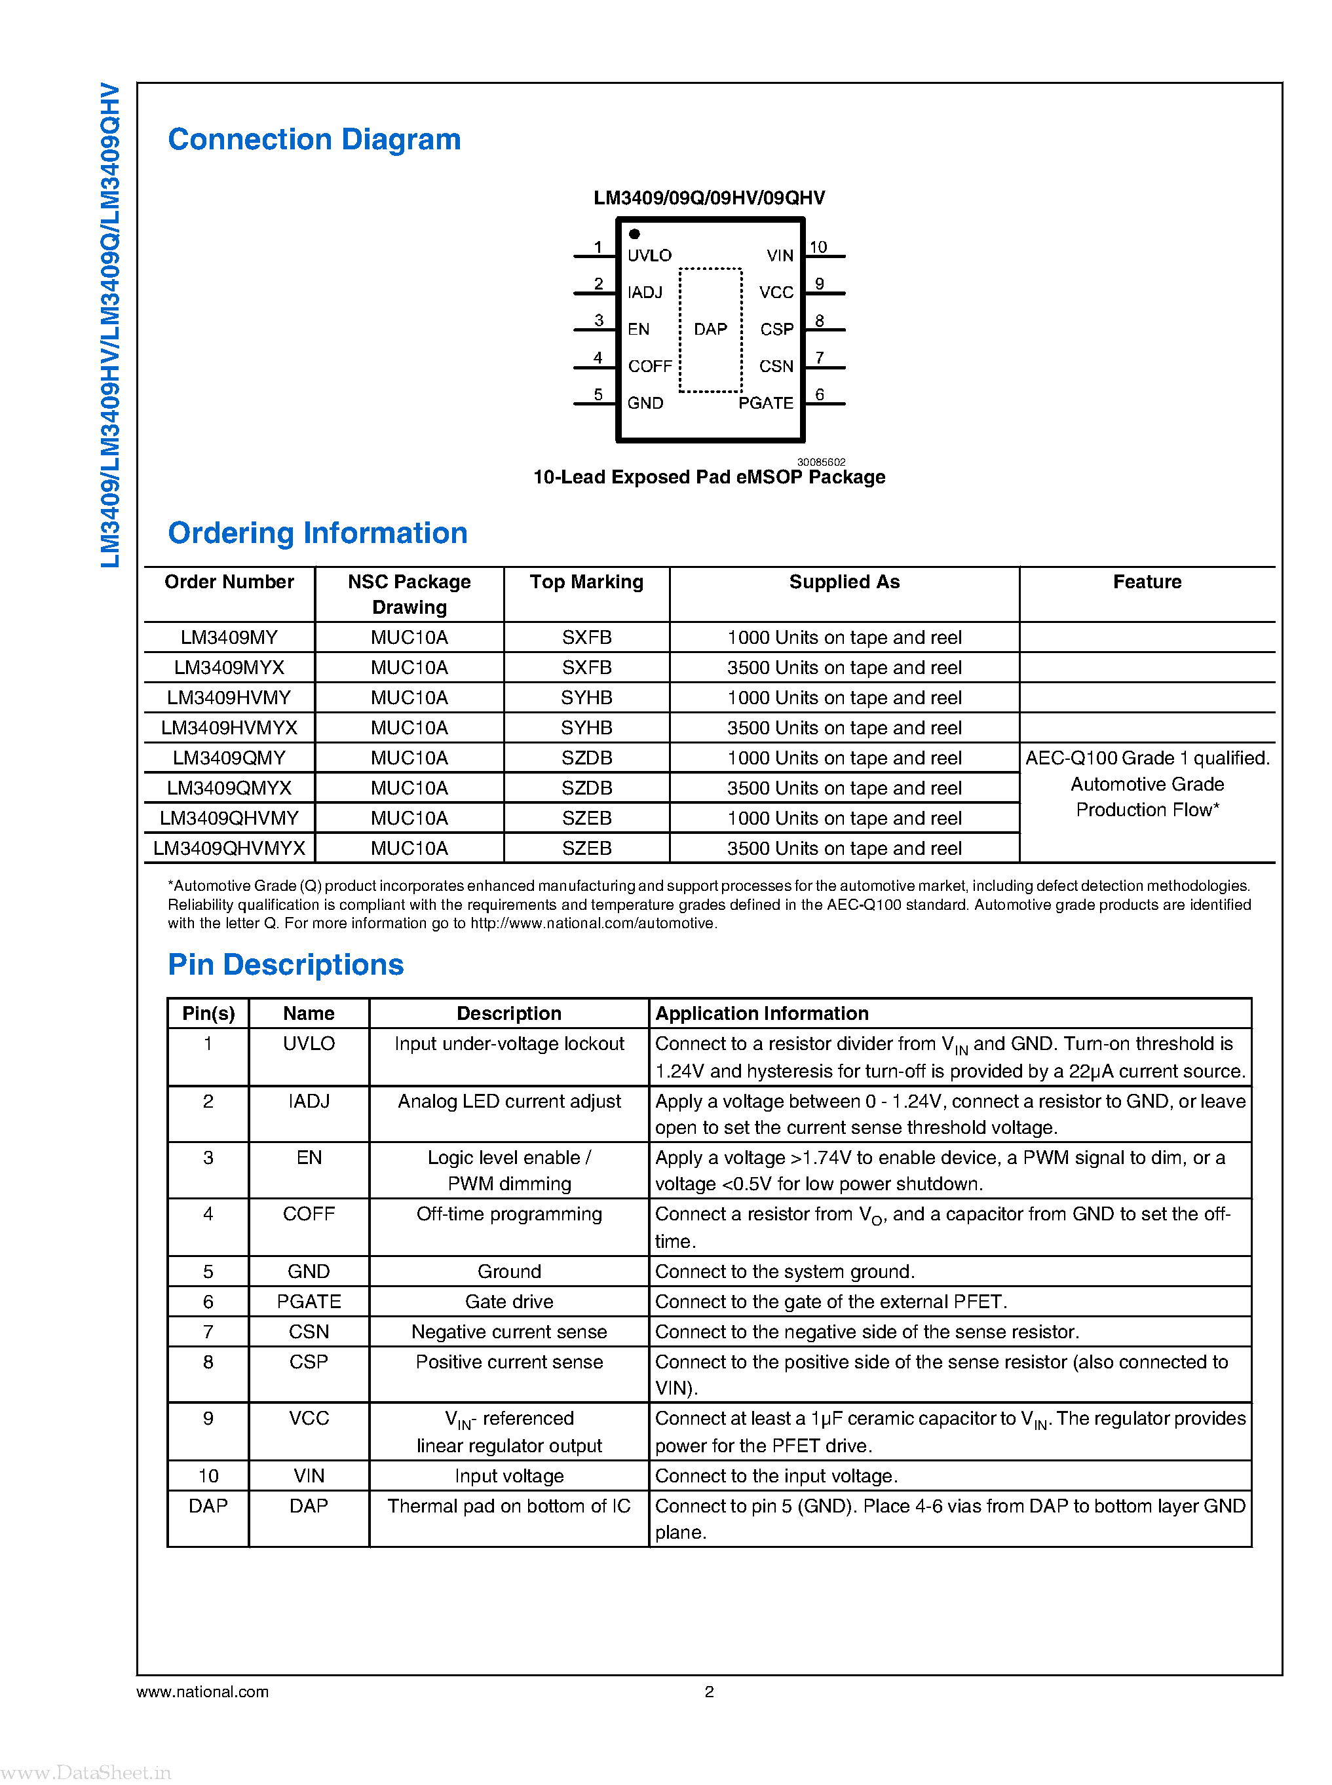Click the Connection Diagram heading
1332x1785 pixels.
314,140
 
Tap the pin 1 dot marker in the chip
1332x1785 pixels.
635,234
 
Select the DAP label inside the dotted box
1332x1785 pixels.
710,329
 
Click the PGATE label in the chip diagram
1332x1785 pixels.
765,403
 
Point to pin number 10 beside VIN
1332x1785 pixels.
818,247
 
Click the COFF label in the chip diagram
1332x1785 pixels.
650,366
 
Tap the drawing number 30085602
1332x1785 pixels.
821,462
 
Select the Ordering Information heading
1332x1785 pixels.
317,533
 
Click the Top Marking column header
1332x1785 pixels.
586,582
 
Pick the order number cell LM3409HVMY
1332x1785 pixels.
229,698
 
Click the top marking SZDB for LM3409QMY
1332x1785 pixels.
586,758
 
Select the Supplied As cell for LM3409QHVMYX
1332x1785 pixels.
843,848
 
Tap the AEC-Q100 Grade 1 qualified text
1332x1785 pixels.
1147,758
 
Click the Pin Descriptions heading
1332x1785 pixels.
286,964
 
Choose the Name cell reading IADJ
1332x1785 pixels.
309,1101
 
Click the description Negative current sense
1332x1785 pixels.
509,1332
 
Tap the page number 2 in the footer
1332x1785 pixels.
709,1691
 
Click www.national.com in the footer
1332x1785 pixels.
202,1691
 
